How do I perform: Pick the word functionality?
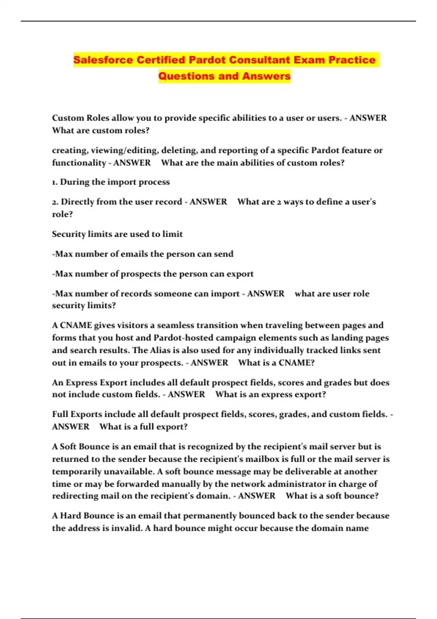[x=79, y=163]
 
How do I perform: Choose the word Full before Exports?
[x=60, y=414]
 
